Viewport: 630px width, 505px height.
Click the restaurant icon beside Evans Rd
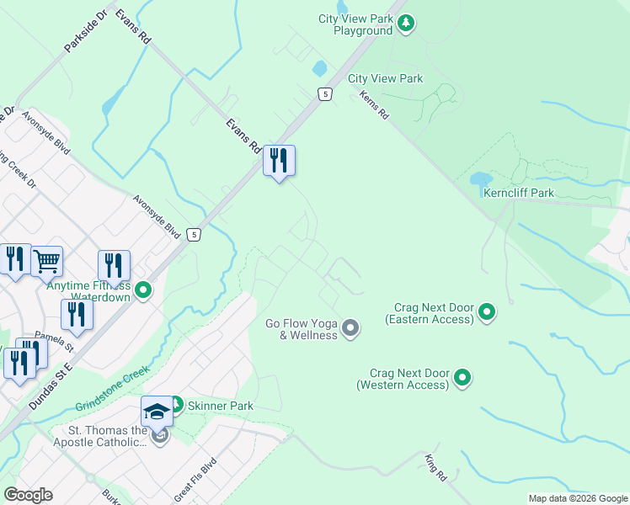pos(279,160)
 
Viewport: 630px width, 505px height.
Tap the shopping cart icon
pos(47,260)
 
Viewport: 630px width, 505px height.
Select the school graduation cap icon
pos(157,411)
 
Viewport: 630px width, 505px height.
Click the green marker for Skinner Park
pos(177,405)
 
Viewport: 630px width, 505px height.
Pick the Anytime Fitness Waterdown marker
pos(143,291)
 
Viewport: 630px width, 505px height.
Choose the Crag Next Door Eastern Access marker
pos(486,313)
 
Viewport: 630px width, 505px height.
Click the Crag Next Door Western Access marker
pos(462,378)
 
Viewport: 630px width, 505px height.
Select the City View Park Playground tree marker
pos(406,24)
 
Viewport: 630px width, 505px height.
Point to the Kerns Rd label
pos(373,105)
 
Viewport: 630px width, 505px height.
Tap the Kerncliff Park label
pos(519,193)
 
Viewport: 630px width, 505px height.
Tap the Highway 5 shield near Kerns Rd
pos(324,93)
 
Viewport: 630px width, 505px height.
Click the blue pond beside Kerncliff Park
pos(480,179)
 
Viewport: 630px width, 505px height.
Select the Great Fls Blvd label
pos(195,479)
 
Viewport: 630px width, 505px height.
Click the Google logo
pos(28,495)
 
